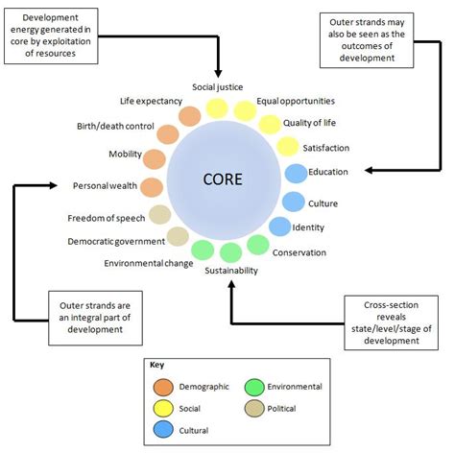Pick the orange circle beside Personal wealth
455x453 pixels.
152,187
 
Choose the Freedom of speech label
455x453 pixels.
106,217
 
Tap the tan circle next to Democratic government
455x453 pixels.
179,236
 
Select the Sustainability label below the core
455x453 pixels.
230,272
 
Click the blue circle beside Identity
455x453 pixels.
279,226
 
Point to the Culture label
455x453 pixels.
323,203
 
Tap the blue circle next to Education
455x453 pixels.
296,174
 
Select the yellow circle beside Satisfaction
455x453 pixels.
287,147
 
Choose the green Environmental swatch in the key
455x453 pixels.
256,387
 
